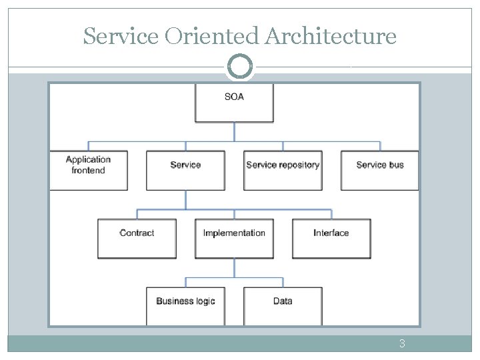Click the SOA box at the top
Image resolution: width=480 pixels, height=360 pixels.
coord(234,103)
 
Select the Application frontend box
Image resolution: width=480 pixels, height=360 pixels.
coord(88,171)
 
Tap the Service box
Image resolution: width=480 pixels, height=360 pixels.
coord(185,171)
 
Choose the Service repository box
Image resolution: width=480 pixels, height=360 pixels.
coord(283,171)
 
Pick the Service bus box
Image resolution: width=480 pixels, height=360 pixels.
coord(380,171)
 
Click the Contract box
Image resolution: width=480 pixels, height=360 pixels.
coord(137,238)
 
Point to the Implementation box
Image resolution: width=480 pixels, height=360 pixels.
coord(234,238)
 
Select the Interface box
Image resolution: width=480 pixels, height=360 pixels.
coord(331,238)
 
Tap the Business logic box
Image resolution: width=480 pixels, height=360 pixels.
coord(185,305)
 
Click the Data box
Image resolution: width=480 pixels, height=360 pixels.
coord(283,305)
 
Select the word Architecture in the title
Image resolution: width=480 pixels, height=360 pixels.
coord(330,36)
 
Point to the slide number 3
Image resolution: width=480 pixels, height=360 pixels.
coord(402,344)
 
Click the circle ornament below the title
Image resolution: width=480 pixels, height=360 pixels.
coord(240,67)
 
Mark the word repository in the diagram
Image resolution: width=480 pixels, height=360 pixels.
coord(300,165)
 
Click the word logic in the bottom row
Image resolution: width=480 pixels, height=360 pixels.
coord(203,301)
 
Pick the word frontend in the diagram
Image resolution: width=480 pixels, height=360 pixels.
coord(88,171)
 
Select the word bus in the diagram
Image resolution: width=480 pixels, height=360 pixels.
coord(396,165)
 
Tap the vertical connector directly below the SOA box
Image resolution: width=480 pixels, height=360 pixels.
coord(234,131)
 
